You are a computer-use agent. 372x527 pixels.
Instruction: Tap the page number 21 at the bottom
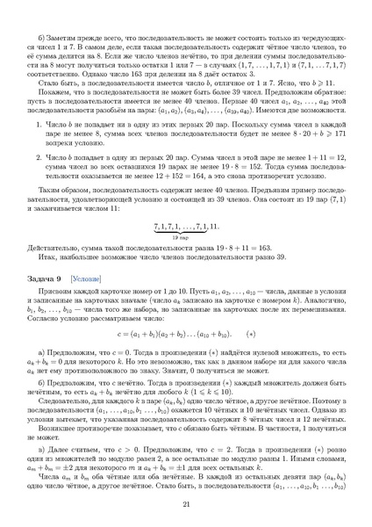186,503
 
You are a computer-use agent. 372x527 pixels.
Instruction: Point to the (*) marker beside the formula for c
252,336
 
